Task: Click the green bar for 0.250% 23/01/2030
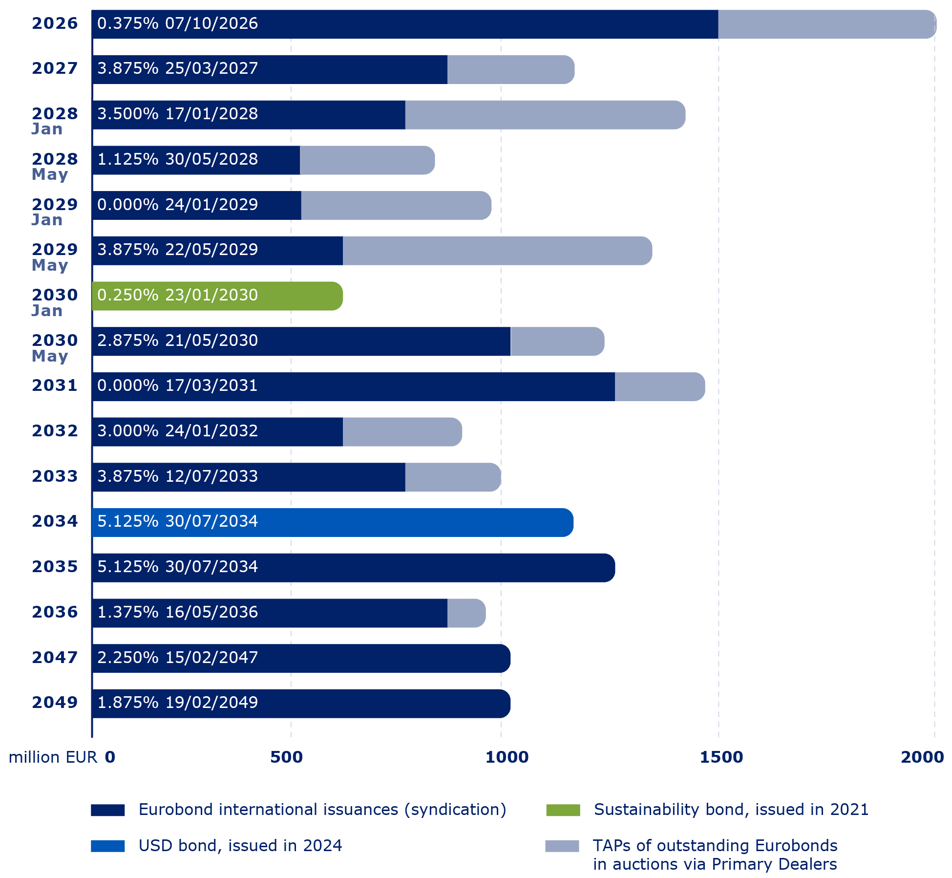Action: pyautogui.click(x=293, y=296)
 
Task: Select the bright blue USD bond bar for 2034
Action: pyautogui.click(x=391, y=522)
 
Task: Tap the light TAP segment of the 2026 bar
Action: pyautogui.click(x=825, y=24)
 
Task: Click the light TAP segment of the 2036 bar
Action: pyautogui.click(x=466, y=613)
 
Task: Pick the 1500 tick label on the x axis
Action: pyautogui.click(x=721, y=757)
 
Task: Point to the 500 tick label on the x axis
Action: pyautogui.click(x=286, y=757)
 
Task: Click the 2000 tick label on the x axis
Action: pyautogui.click(x=922, y=757)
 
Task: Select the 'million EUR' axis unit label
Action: pyautogui.click(x=53, y=757)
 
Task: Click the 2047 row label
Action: pyautogui.click(x=55, y=657)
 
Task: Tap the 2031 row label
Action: pyautogui.click(x=55, y=385)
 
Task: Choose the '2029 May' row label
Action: pyautogui.click(x=54, y=257)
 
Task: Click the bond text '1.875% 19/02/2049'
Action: pyautogui.click(x=177, y=703)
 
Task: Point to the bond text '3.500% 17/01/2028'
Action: pyautogui.click(x=177, y=114)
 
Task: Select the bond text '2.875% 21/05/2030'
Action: pyautogui.click(x=177, y=340)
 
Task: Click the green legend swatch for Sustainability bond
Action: pyautogui.click(x=563, y=810)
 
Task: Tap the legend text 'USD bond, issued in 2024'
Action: pyautogui.click(x=240, y=846)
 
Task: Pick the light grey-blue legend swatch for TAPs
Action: pyautogui.click(x=562, y=846)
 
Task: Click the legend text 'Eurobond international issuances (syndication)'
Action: pyautogui.click(x=322, y=810)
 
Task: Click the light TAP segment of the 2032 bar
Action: pyautogui.click(x=402, y=432)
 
